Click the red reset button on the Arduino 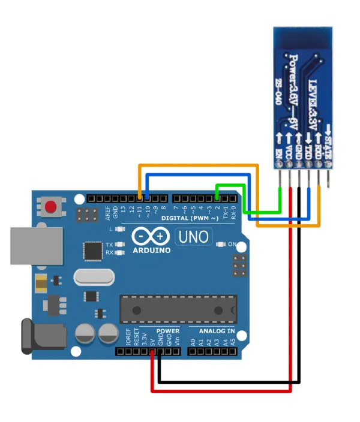51,207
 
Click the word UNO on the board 193,237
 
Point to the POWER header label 167,331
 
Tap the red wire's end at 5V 153,354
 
